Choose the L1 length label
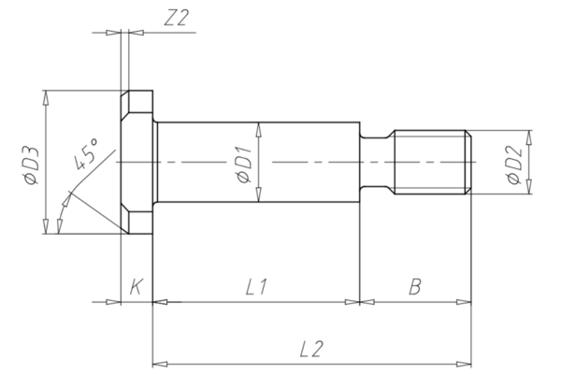click(256, 287)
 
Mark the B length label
click(413, 287)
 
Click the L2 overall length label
click(311, 348)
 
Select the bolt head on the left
click(138, 164)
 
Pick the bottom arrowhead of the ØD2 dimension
click(530, 189)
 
